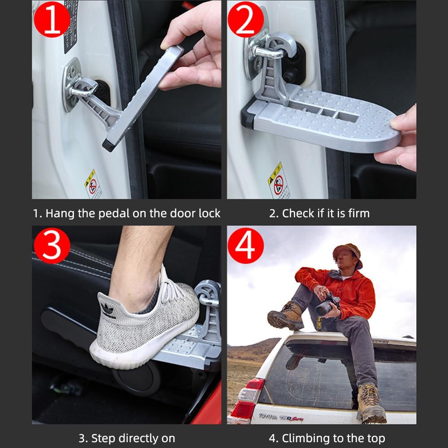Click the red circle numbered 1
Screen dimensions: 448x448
click(x=52, y=19)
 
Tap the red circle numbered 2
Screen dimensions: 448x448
click(x=246, y=19)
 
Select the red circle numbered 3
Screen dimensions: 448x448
click(x=52, y=245)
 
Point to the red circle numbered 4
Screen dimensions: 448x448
click(x=246, y=245)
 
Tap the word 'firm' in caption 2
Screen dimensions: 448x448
click(x=358, y=213)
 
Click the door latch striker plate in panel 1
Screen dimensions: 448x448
click(x=72, y=85)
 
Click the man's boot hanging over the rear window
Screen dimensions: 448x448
click(x=370, y=403)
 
